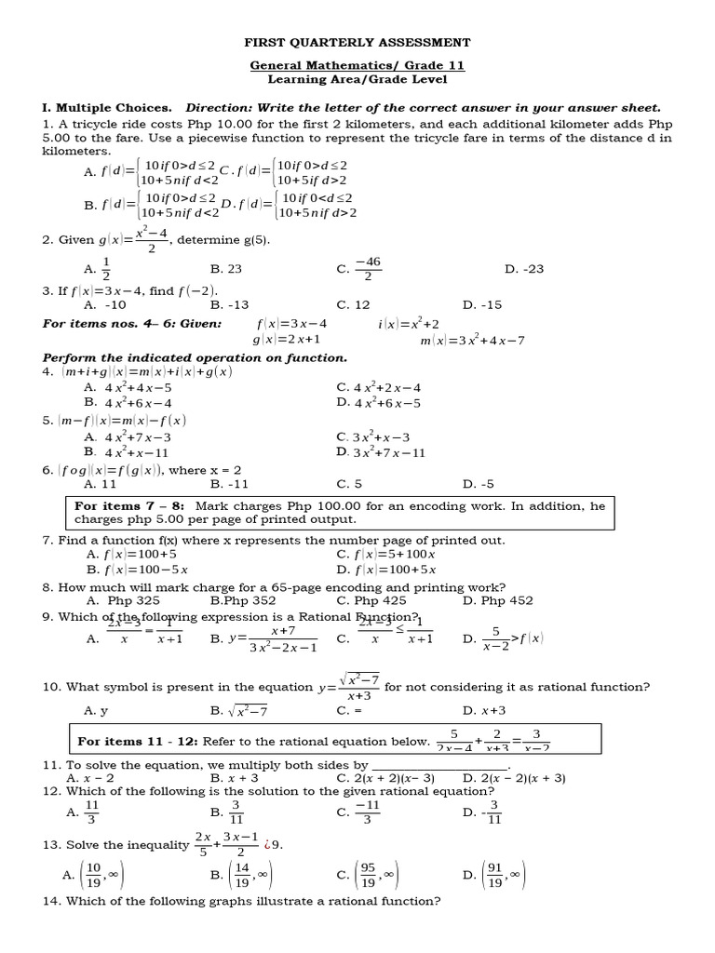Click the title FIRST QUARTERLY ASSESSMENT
tap(357, 43)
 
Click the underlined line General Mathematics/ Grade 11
tap(357, 66)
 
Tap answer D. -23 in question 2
tap(523, 269)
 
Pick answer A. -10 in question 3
tap(104, 304)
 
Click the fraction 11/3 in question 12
tap(92, 812)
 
